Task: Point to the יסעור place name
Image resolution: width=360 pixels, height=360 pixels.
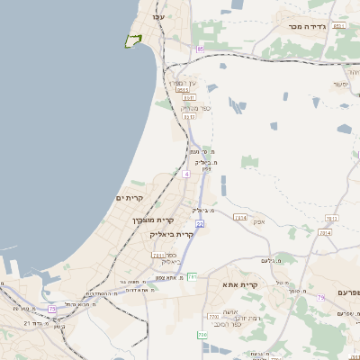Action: [x=339, y=84]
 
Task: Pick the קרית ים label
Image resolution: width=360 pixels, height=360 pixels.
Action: [x=130, y=197]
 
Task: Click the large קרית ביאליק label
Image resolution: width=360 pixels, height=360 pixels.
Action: [x=172, y=234]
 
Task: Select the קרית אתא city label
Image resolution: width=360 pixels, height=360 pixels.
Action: [x=240, y=284]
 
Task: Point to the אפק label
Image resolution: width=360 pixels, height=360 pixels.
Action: [x=258, y=220]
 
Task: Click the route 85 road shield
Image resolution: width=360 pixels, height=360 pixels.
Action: [x=200, y=49]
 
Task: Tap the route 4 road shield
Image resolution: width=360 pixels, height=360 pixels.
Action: [x=185, y=174]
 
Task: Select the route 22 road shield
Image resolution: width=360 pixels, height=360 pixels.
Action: [x=199, y=222]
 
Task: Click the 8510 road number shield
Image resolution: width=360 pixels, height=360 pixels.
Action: [x=183, y=90]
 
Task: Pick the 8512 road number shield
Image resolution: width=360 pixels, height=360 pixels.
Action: [x=189, y=116]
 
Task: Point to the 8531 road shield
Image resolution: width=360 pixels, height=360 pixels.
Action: [x=338, y=26]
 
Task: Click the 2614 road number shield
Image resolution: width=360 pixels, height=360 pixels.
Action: [x=239, y=218]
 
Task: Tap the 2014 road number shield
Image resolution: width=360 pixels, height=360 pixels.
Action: [x=324, y=232]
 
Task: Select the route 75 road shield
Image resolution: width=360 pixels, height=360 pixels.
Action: [x=52, y=310]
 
